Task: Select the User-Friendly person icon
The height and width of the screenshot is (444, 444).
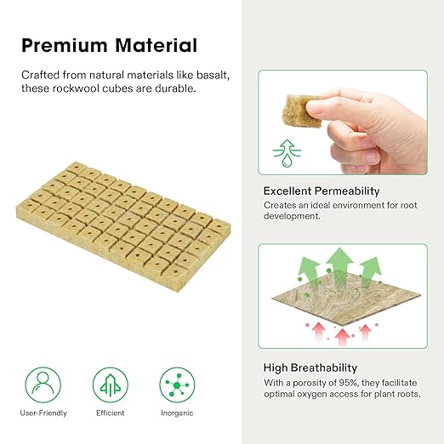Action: [43, 384]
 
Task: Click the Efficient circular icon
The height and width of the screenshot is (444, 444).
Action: [110, 384]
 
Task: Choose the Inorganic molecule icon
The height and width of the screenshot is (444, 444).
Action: [177, 384]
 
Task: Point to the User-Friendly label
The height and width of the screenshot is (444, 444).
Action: [43, 413]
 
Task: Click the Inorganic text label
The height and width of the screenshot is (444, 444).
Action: [177, 413]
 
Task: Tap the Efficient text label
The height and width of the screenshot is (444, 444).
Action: [110, 413]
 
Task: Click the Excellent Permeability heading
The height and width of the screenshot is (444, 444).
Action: [322, 191]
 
